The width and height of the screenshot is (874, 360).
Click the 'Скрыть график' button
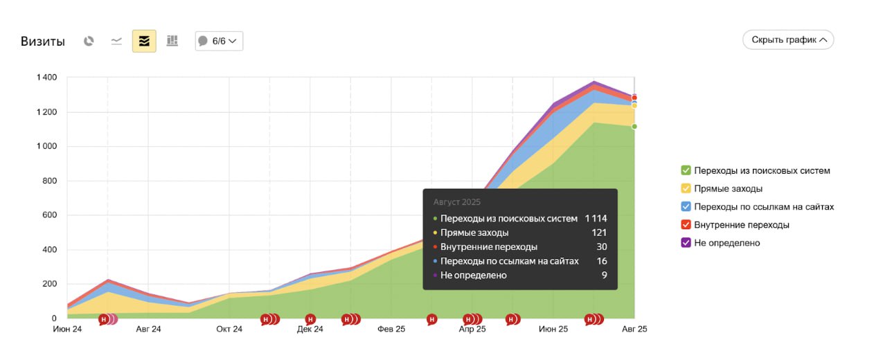click(x=788, y=39)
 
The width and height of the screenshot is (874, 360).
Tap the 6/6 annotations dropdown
click(x=219, y=41)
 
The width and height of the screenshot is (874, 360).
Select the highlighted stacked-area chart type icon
click(x=144, y=41)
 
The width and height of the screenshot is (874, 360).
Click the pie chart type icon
click(x=89, y=41)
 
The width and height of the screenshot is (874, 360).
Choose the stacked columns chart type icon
click(x=172, y=41)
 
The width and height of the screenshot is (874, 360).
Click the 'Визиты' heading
click(x=42, y=42)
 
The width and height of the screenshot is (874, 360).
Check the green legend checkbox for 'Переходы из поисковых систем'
click(x=686, y=170)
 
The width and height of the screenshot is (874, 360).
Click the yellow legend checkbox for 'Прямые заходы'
click(x=686, y=188)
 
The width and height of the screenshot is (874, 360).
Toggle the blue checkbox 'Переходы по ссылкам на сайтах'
click(x=686, y=207)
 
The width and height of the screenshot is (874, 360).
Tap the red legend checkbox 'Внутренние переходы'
click(x=686, y=225)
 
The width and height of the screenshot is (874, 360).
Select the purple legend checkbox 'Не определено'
click(x=686, y=242)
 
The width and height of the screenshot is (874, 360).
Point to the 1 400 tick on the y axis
click(x=47, y=78)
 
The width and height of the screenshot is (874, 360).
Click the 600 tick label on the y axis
click(x=50, y=215)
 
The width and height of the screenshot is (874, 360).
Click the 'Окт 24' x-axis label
click(x=229, y=329)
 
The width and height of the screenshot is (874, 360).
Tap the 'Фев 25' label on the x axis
click(x=391, y=329)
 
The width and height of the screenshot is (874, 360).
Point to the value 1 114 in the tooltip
click(x=596, y=218)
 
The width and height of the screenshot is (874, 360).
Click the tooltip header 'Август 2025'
click(x=456, y=202)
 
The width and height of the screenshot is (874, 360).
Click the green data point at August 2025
click(x=634, y=127)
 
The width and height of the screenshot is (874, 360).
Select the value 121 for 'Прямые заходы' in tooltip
click(x=599, y=233)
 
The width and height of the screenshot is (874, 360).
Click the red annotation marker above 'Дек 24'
click(x=310, y=319)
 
